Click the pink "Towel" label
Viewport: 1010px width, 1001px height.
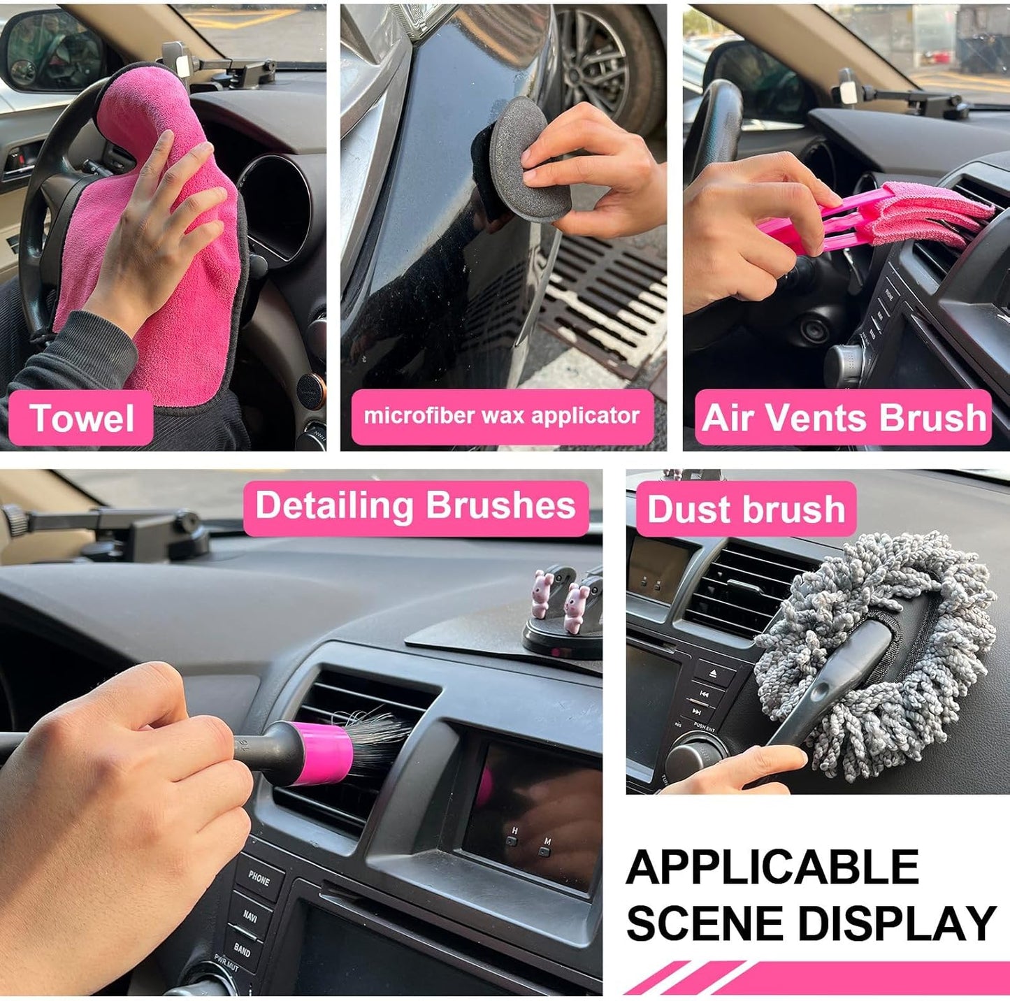81,418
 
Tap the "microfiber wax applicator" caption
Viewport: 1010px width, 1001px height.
501,416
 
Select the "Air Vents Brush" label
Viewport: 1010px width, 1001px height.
844,417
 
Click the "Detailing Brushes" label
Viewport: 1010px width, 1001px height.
415,506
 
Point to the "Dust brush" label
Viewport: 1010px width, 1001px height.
746,509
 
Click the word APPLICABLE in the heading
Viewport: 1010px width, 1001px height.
772,867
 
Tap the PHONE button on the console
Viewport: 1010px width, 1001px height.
258,878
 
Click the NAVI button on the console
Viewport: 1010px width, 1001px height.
250,916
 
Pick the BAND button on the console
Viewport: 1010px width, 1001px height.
242,949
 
